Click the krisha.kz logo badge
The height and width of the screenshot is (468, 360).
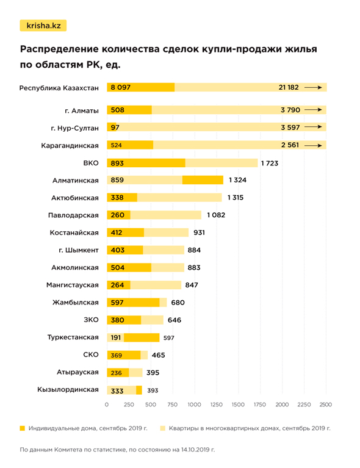pos(43,26)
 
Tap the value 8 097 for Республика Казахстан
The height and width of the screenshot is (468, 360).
pos(121,87)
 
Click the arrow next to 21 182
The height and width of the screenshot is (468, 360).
pos(313,87)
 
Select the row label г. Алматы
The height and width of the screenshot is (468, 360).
pos(82,110)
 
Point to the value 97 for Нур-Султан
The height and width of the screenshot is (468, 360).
pos(115,128)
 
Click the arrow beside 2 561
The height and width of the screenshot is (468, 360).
pos(313,145)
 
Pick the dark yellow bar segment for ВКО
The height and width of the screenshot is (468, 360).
pos(146,163)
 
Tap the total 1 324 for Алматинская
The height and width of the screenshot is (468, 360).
pos(237,180)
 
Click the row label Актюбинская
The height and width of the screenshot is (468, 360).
pos(74,198)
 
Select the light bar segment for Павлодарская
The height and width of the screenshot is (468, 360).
pos(166,215)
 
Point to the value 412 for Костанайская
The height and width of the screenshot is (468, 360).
pos(117,232)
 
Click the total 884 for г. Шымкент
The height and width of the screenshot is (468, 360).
pos(194,250)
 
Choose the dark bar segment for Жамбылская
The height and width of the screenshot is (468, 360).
pos(134,303)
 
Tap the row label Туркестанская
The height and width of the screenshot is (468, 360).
pos(73,337)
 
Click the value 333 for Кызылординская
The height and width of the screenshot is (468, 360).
pos(117,391)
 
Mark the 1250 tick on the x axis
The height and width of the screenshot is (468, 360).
pos(216,405)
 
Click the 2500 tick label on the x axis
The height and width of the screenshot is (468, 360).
pos(326,405)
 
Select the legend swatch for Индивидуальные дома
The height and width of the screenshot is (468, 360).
pos(23,428)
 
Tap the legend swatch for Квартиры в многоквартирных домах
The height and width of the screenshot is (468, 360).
pos(163,428)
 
